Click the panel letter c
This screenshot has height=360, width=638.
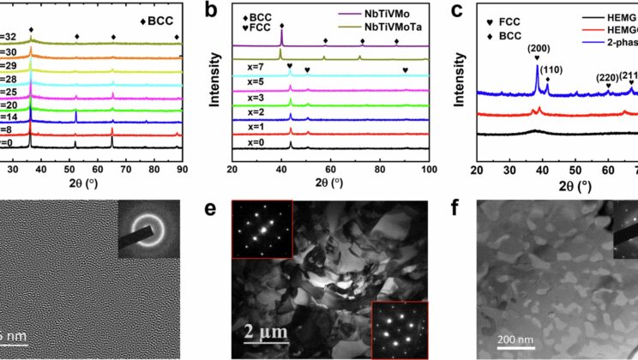[x=458, y=11]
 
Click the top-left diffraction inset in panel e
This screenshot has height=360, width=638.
[x=262, y=229]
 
